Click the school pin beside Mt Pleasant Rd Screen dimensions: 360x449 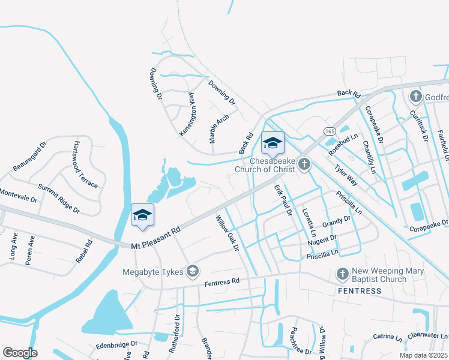point(142,216)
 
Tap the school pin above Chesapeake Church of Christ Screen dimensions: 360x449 point(273,143)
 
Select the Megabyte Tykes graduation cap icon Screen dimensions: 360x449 point(192,272)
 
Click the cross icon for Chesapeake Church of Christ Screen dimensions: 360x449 point(305,163)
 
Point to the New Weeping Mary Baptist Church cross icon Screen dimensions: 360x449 point(343,274)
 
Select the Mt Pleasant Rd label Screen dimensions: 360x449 point(156,238)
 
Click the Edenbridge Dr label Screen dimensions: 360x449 point(116,346)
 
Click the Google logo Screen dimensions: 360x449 point(20,353)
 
